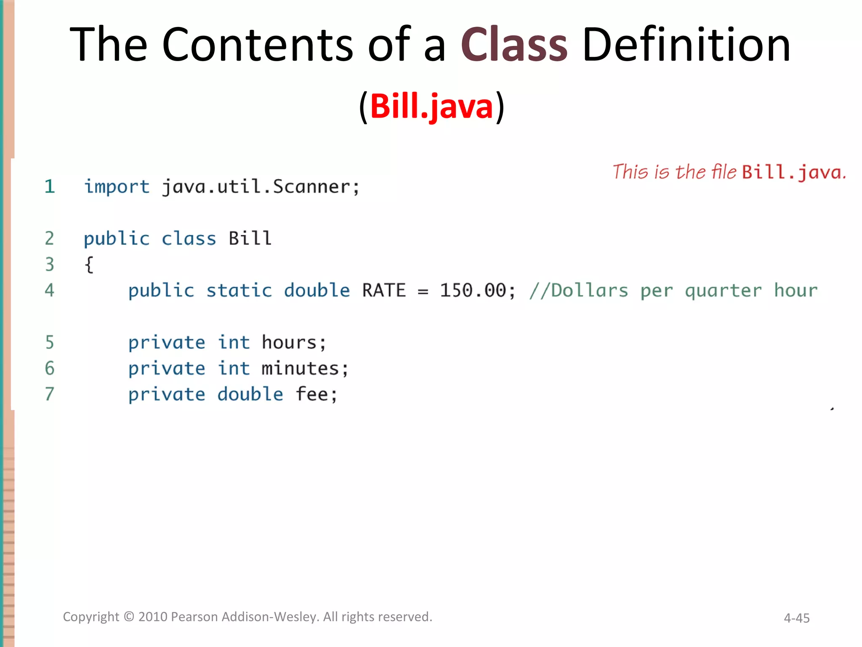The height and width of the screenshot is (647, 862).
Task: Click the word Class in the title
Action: coord(514,44)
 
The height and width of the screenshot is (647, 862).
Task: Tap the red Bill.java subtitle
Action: coord(431,106)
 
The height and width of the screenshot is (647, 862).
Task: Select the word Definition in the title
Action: coord(686,44)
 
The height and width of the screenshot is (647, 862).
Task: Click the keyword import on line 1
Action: coord(117,187)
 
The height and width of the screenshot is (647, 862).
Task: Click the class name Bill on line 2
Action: coord(250,239)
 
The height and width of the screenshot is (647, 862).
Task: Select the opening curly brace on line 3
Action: coord(89,265)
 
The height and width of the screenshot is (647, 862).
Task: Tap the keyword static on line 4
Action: coord(239,291)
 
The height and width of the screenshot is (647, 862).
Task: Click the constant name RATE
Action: coord(384,291)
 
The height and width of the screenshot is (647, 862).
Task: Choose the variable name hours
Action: coord(289,342)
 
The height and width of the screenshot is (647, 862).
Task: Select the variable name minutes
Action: coord(300,369)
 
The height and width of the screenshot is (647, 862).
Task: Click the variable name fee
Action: coord(311,395)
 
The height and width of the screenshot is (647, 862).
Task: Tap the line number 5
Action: coord(50,342)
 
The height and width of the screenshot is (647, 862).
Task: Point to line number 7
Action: coord(50,394)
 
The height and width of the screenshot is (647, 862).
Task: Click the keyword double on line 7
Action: coord(250,395)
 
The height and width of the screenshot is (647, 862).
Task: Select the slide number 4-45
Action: coord(796,618)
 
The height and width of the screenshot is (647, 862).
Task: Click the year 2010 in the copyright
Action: coord(153,617)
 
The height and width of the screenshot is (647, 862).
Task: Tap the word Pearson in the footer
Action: coord(194,617)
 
